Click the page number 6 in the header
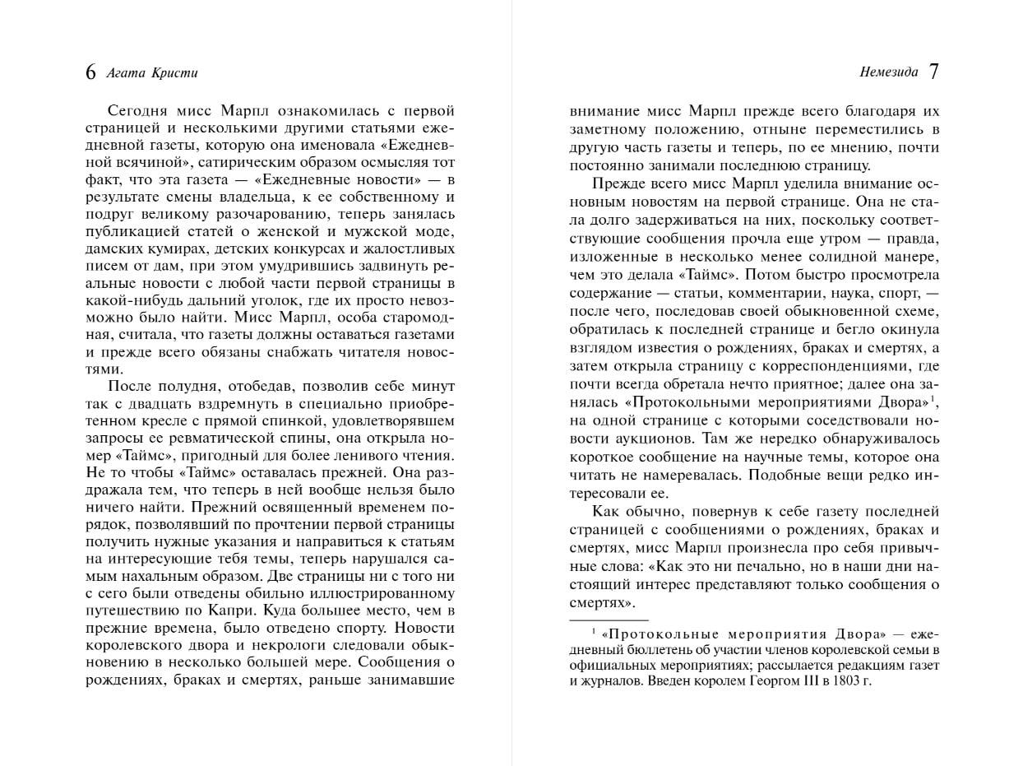[x=90, y=72]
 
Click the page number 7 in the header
[x=933, y=72]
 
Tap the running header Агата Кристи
[x=152, y=72]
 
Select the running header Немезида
[x=888, y=72]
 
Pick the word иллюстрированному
[x=389, y=592]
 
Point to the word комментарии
[x=755, y=293]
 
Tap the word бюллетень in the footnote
[x=646, y=650]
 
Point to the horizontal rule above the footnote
[x=609, y=619]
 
